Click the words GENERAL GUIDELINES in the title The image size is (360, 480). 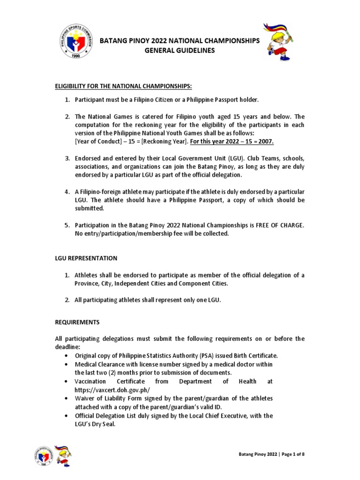(x=180, y=51)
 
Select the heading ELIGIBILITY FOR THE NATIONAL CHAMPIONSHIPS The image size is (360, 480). (x=123, y=86)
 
